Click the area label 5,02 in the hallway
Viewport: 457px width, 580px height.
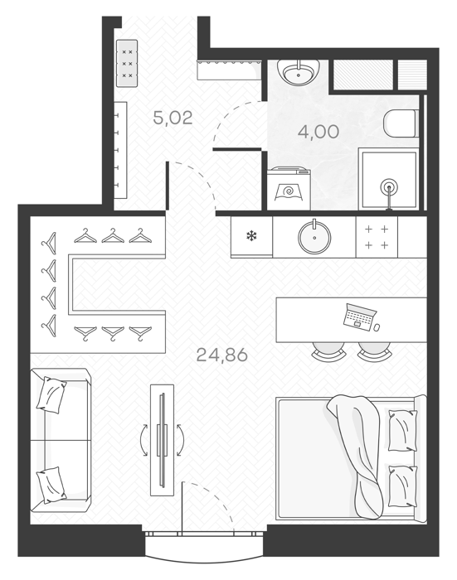pos(173,118)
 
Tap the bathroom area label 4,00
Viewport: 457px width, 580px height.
pos(318,132)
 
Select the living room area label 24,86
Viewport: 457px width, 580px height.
pos(221,355)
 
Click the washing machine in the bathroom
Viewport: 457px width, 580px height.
pos(289,188)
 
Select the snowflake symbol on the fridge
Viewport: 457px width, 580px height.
pos(252,235)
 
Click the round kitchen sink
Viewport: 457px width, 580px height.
pos(314,237)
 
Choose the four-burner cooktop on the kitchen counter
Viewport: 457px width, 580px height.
pos(377,237)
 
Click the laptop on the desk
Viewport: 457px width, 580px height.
pos(358,316)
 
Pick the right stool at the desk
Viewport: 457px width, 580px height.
pos(374,350)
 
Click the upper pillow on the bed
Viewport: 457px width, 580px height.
pos(402,430)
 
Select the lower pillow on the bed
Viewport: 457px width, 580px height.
pos(402,486)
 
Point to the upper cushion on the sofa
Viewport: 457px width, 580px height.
pos(51,394)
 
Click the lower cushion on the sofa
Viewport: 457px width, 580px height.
pos(51,485)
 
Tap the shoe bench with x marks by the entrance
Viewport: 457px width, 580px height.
pos(127,63)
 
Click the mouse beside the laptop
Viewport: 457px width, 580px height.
pos(377,327)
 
